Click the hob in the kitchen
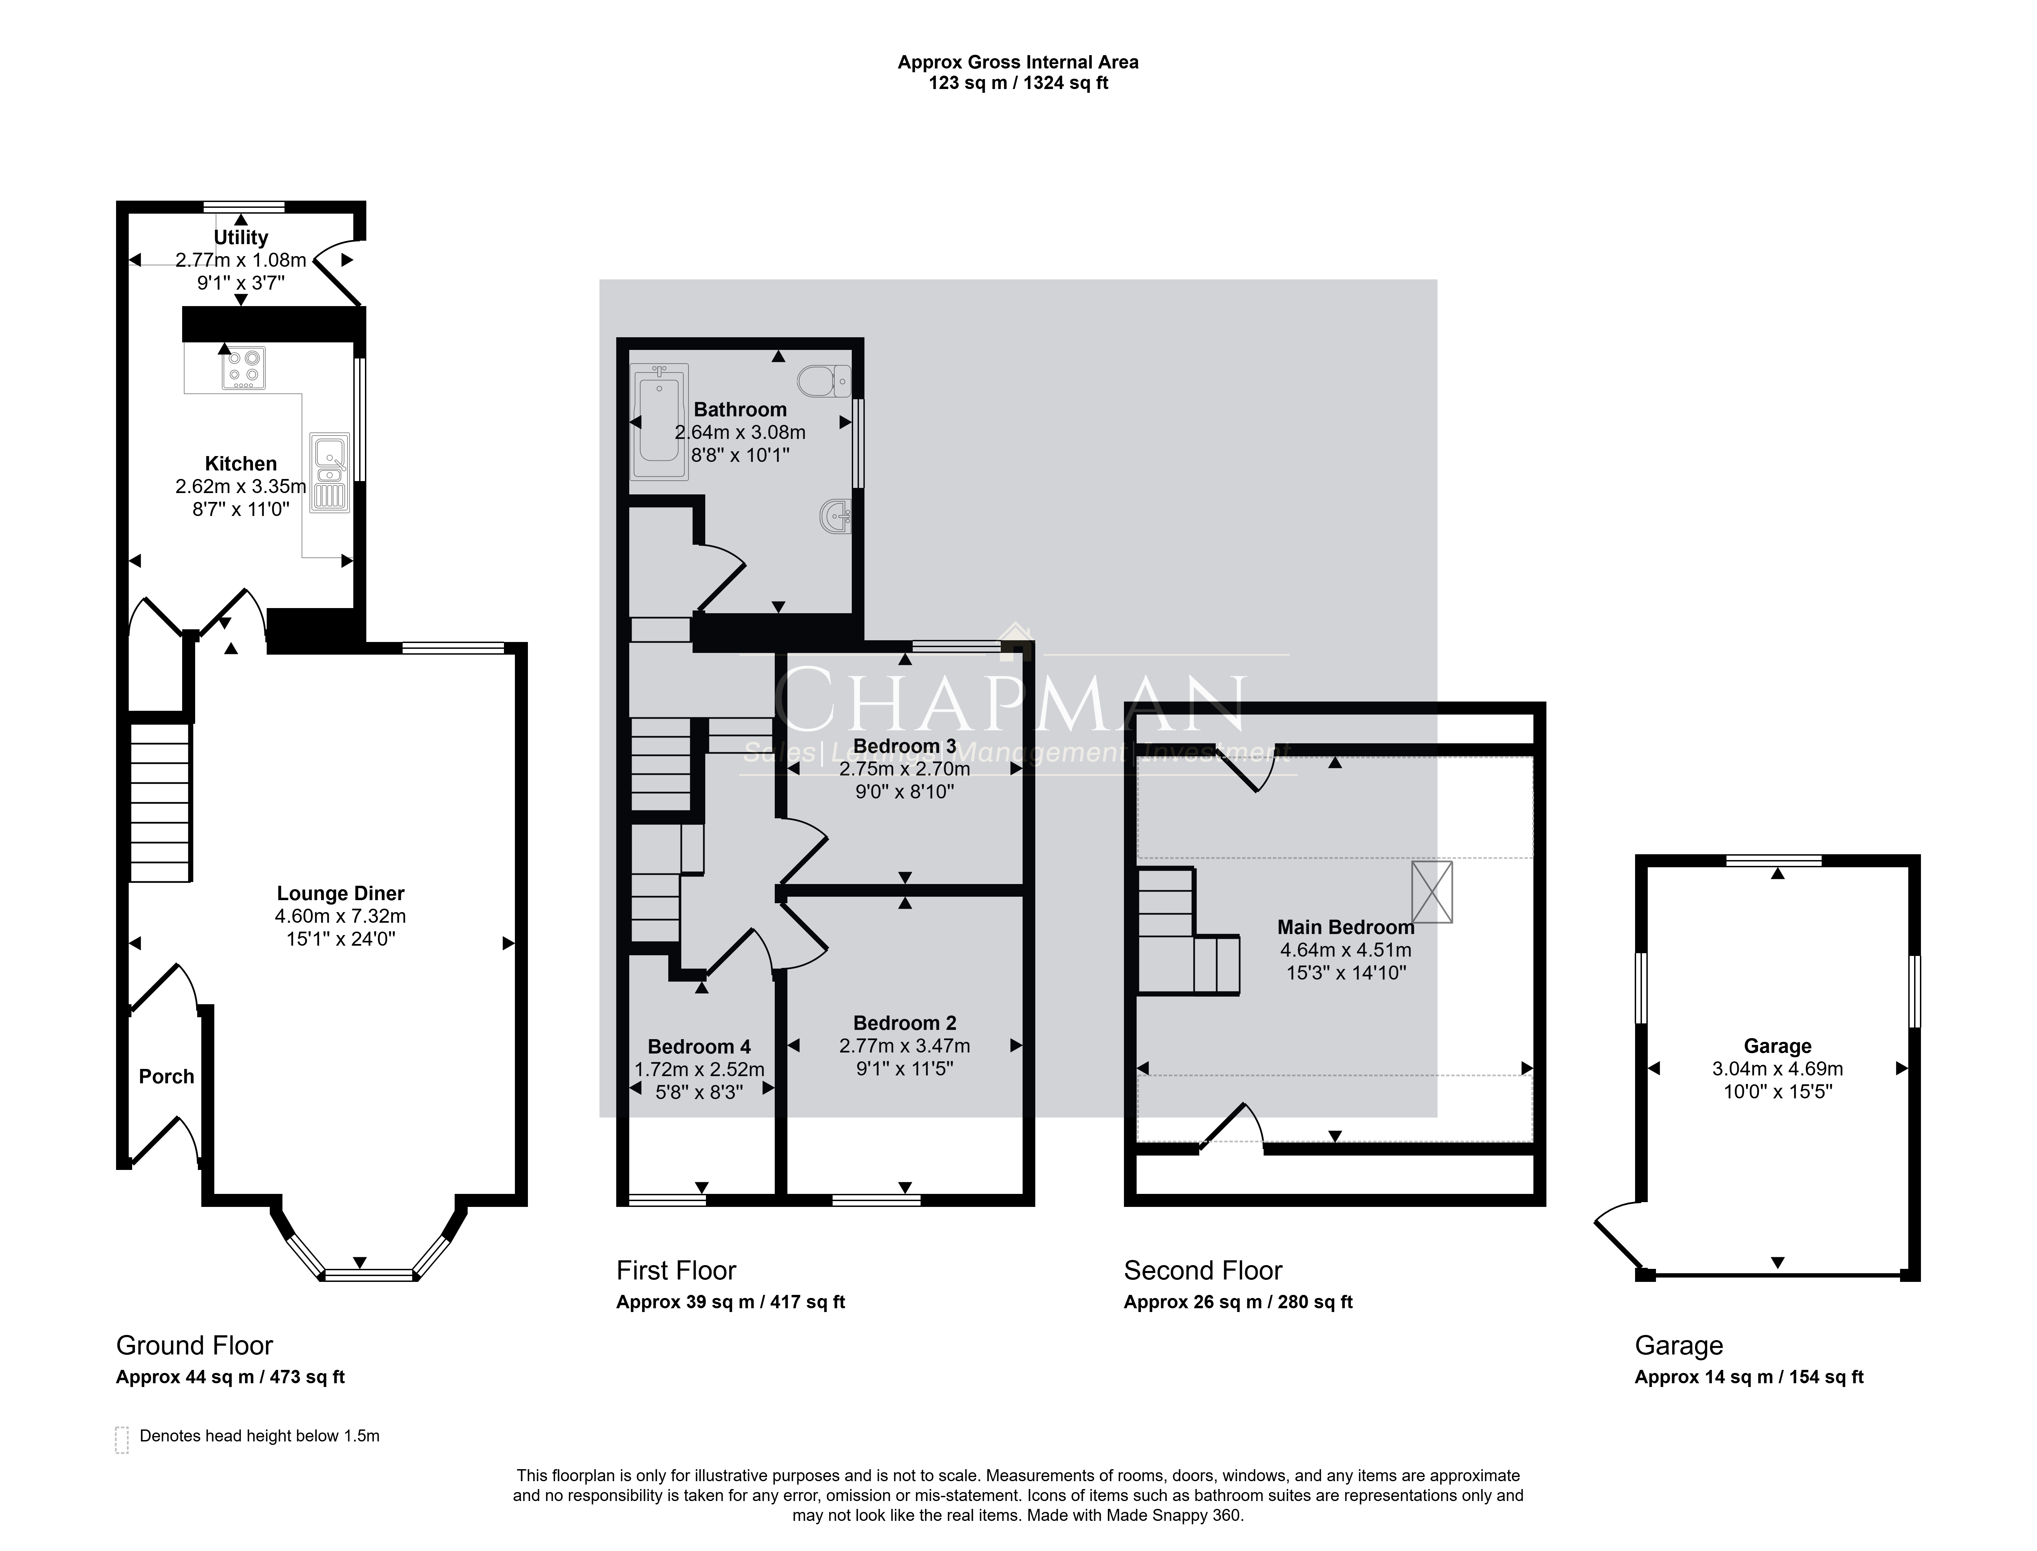pos(244,367)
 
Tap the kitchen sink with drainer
pos(329,473)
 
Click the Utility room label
pos(241,237)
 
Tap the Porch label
pos(166,1076)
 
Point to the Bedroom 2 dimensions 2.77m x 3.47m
pos(904,1046)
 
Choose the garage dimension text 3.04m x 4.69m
pos(1777,1069)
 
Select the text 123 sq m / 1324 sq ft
pos(1018,83)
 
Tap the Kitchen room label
pos(241,464)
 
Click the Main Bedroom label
pos(1346,927)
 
